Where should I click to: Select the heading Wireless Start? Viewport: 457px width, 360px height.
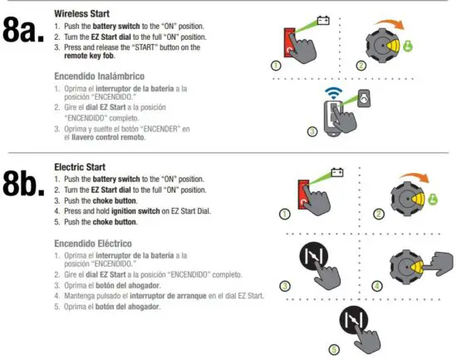click(x=82, y=14)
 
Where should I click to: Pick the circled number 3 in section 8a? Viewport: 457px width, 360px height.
click(x=312, y=131)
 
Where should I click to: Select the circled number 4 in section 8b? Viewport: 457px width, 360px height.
click(x=379, y=285)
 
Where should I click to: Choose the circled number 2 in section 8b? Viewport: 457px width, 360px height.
click(x=379, y=215)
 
